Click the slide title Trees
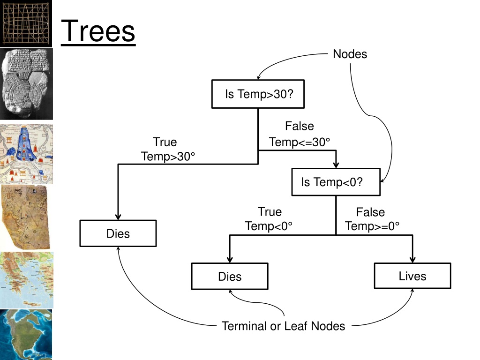point(98,31)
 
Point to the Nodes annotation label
point(350,54)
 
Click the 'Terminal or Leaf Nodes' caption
point(283,326)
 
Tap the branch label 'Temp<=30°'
point(300,142)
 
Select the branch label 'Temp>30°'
point(168,156)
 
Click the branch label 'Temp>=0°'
point(372,226)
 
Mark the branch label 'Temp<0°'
point(269,226)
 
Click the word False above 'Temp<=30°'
point(300,126)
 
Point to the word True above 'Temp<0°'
point(270,211)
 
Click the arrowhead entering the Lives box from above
point(412,259)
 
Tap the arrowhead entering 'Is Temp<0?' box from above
point(336,165)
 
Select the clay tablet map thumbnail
point(26,84)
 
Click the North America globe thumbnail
point(26,335)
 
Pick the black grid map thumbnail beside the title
point(26,23)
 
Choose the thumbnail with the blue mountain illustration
point(26,154)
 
